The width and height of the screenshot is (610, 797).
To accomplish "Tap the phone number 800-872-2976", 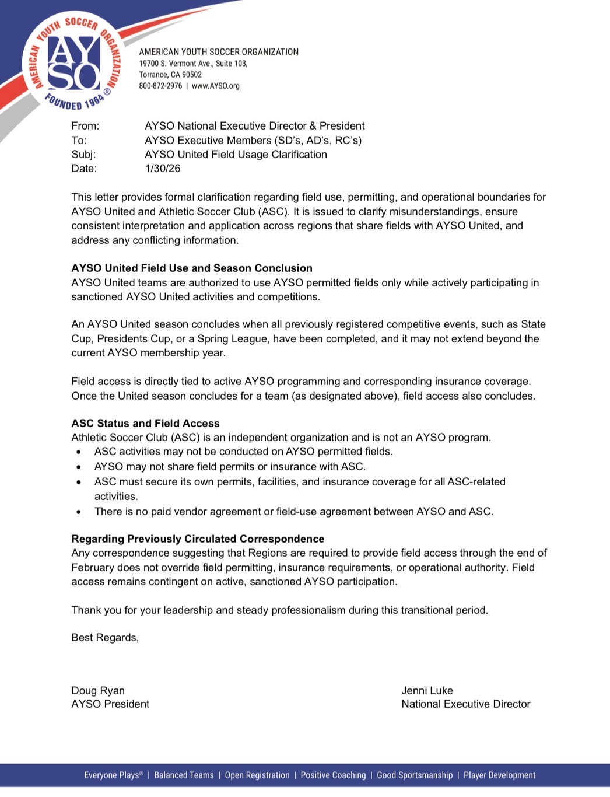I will coord(160,86).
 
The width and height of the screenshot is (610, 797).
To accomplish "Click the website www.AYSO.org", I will coord(216,86).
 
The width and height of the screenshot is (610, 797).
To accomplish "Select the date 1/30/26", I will coord(163,169).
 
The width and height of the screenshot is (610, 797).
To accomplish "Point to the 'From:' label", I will coord(85,126).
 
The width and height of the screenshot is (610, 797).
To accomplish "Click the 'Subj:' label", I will coord(83,155).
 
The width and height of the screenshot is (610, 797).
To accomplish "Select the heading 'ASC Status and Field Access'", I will coord(145,424).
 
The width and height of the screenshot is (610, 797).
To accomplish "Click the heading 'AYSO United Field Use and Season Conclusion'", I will coord(192,268).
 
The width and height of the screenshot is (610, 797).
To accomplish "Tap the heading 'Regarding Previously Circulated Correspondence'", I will coord(198,539).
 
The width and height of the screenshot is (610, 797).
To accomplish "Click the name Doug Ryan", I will coord(98,691).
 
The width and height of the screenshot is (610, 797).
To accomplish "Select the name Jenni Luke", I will coord(427,691).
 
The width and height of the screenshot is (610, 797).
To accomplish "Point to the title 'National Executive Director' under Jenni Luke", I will coord(465,704).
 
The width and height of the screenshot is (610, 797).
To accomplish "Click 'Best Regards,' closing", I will coord(105,638).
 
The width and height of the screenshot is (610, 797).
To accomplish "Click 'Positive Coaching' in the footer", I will coord(333,775).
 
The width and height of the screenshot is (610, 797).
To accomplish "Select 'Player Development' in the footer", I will coord(499,775).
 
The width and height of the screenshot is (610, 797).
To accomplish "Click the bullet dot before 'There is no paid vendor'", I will coord(79,512).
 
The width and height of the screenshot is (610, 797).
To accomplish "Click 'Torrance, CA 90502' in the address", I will coord(170,75).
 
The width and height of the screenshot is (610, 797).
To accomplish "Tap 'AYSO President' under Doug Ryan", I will coord(110,704).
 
